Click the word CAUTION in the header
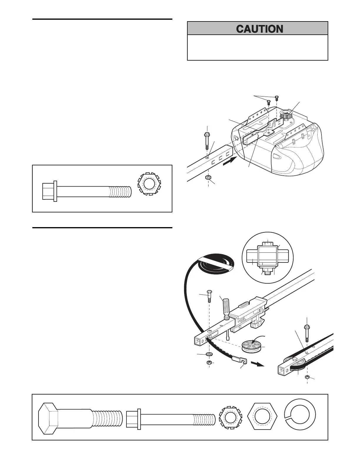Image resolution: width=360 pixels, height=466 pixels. (x=260, y=29)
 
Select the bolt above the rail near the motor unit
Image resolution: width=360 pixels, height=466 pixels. (x=207, y=141)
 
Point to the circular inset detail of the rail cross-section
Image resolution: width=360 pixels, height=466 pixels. (x=267, y=258)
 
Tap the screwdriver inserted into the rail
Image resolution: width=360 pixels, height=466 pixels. (x=226, y=312)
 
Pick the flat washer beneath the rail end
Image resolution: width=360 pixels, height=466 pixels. (x=209, y=353)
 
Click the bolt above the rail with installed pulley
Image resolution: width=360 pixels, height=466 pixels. (x=307, y=333)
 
